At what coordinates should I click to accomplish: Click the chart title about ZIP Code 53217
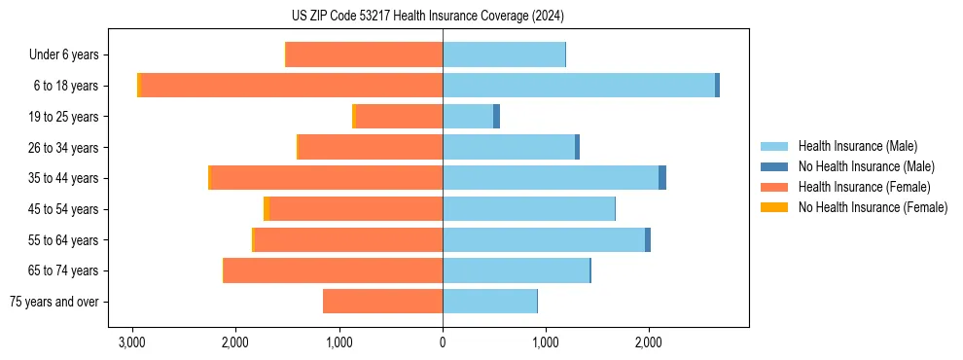[443, 17]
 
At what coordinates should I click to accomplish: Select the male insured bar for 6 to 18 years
[579, 86]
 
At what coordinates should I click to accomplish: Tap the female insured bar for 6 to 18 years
[292, 86]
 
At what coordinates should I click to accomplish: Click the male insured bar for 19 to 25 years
[468, 117]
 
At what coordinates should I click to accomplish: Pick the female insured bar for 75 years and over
[382, 302]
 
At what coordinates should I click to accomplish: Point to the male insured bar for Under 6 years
[504, 54]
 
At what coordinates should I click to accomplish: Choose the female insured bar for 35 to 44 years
[327, 178]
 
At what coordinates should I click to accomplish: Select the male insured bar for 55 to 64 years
[544, 240]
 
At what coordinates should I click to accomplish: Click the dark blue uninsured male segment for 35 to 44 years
[662, 178]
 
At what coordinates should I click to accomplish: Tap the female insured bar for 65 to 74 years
[333, 270]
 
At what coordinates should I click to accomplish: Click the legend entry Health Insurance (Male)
[857, 146]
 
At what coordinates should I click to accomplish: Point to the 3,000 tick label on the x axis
[132, 342]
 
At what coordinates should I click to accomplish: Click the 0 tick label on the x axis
[443, 342]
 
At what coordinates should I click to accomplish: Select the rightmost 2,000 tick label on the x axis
[649, 342]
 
